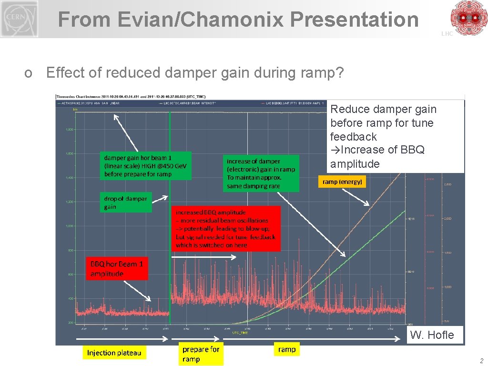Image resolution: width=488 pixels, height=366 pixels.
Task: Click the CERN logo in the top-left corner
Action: point(19,19)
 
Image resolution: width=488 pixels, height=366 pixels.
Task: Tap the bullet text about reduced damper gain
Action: point(194,73)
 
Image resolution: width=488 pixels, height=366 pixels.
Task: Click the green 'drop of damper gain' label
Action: point(126,202)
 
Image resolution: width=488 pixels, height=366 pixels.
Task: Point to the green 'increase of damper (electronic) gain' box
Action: point(261,173)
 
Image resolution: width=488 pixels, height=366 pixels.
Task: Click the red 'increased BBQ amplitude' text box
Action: point(225,229)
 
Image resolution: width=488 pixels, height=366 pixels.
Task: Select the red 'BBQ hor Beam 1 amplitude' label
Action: point(117,269)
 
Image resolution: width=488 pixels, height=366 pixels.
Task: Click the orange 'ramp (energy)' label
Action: point(342,182)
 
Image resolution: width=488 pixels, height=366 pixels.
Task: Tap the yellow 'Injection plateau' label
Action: point(114,353)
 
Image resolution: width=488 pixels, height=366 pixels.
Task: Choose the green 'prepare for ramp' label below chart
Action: point(200,354)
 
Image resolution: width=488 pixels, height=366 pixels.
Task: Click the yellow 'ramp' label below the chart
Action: point(286,349)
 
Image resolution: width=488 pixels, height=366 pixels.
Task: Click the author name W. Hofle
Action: point(432,335)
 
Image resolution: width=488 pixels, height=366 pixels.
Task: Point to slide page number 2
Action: point(481,361)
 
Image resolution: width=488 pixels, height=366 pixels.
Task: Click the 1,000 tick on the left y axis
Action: point(69,226)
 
